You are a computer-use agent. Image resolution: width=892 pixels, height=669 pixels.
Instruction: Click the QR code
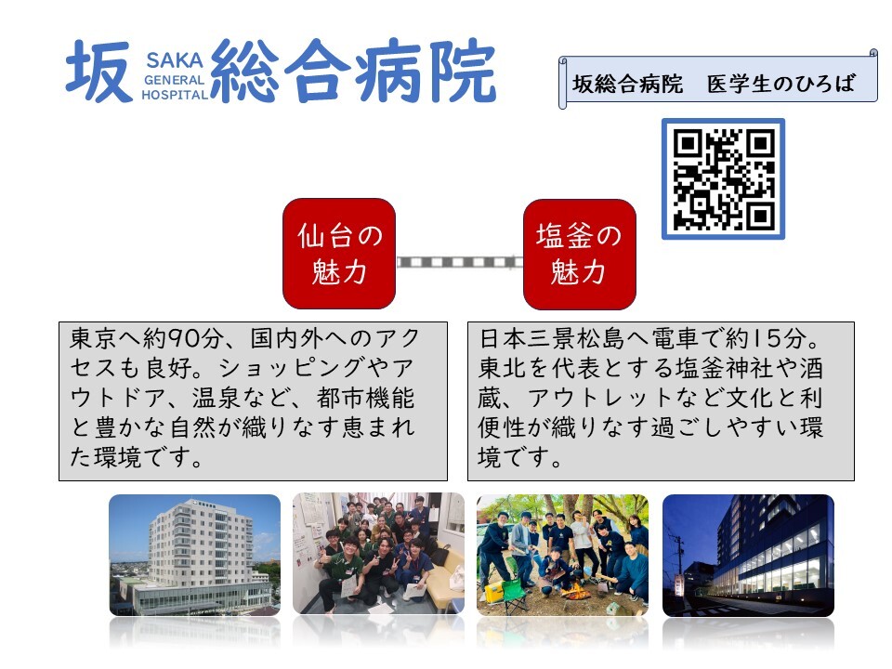point(723,178)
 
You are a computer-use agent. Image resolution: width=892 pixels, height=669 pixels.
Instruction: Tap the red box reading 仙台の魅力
point(339,254)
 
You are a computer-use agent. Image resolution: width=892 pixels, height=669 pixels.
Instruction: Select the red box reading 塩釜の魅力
point(579,255)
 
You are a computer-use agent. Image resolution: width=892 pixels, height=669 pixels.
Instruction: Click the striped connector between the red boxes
point(460,262)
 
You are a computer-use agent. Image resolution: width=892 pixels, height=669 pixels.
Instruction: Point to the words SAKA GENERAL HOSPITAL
point(175,76)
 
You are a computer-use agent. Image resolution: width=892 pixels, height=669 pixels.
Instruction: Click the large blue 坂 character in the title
point(99,72)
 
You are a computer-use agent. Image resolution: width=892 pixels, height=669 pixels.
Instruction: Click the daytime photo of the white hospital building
point(194,556)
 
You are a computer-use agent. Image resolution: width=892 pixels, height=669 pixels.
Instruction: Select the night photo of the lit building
point(748,556)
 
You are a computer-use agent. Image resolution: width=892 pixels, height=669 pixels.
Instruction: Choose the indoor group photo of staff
point(378,554)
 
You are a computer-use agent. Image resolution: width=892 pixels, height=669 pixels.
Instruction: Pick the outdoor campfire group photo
point(562,556)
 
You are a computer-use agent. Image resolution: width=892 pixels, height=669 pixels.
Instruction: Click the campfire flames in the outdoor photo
point(575,593)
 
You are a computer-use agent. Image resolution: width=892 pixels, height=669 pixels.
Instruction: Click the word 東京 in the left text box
point(94,338)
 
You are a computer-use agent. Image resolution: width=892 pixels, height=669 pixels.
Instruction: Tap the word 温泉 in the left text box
point(216,398)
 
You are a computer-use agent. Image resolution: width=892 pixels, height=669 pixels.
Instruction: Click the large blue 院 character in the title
point(463,72)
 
